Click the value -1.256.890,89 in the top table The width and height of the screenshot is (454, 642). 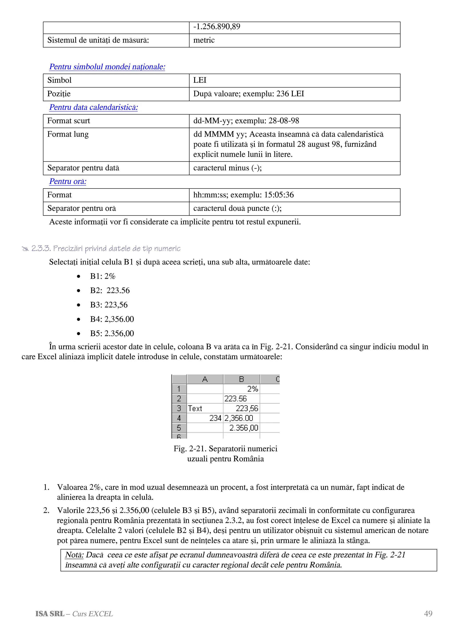[217, 27]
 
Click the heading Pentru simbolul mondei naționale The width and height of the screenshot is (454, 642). [107, 67]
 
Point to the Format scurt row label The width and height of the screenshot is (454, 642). [68, 121]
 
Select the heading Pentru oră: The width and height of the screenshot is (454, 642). [68, 181]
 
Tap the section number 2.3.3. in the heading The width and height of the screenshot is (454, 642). [41, 248]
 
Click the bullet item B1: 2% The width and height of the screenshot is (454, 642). [103, 276]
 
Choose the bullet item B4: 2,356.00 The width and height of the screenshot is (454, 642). [112, 319]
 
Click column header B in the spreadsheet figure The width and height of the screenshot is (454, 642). [241, 379]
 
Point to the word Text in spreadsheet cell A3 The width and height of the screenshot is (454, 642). [195, 409]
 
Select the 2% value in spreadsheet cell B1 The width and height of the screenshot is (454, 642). [252, 389]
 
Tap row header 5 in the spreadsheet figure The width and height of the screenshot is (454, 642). [179, 428]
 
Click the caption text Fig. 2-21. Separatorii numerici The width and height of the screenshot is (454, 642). [225, 449]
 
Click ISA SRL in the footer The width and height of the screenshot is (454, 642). [50, 614]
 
